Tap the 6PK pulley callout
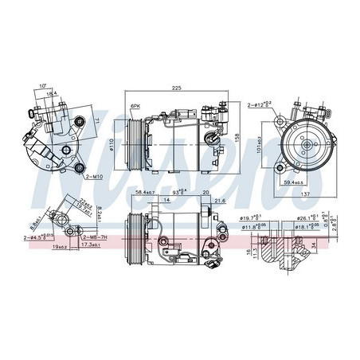[135, 105]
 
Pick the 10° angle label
[41, 86]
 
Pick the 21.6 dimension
[221, 202]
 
